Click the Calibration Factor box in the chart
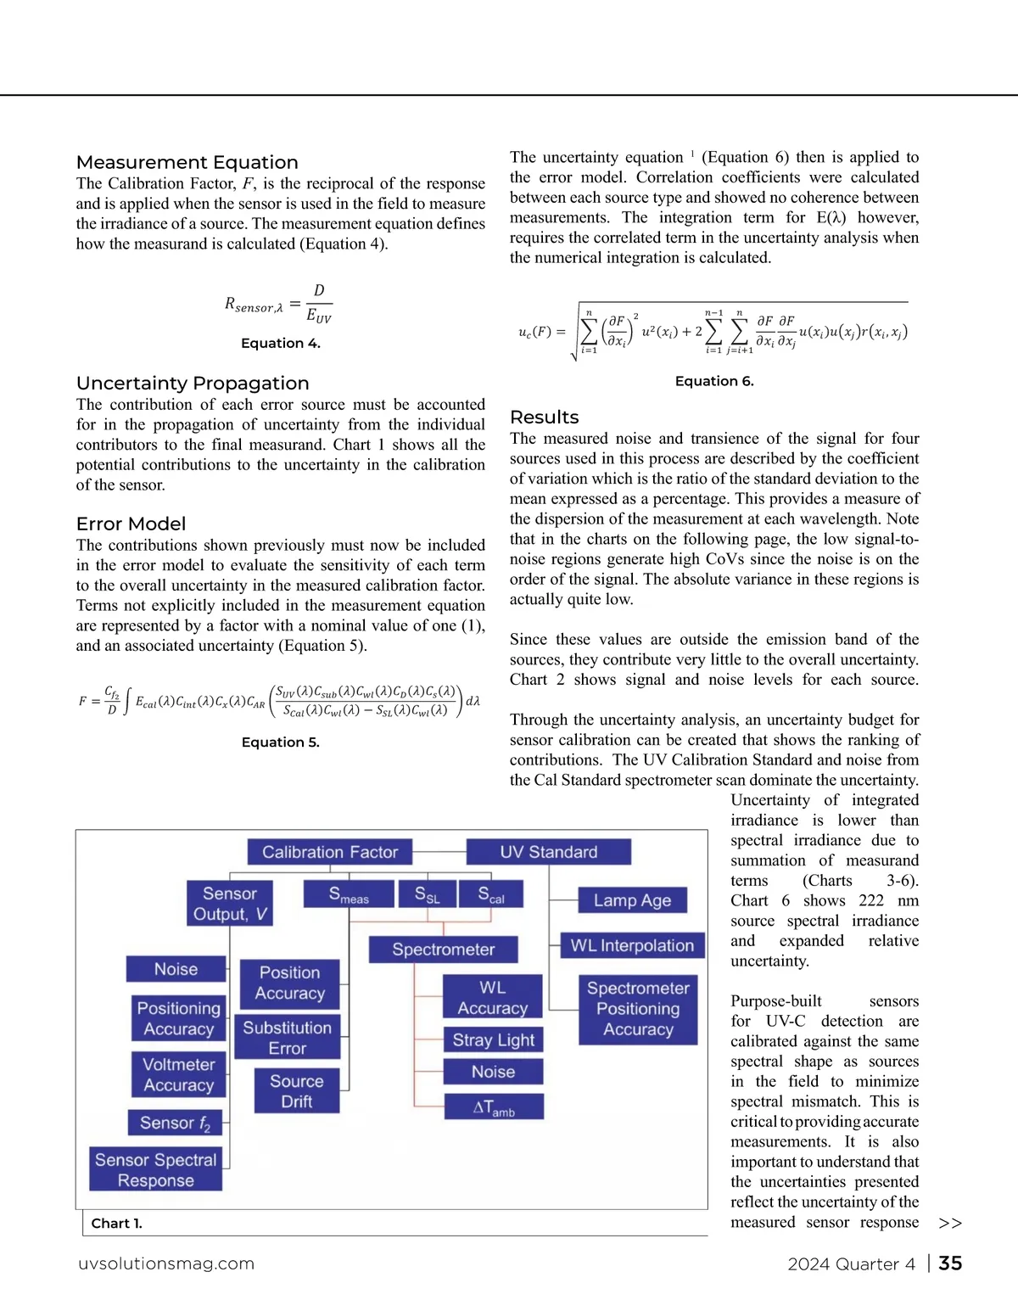coord(329,852)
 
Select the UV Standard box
coord(548,852)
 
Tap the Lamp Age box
coord(632,900)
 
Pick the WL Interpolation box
coord(632,945)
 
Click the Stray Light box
coord(493,1039)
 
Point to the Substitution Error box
coord(287,1037)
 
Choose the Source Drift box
coord(297,1090)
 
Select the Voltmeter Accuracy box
coord(178,1074)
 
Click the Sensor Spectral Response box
coord(156,1169)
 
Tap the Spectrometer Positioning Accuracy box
coord(638,1009)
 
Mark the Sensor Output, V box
coord(229,903)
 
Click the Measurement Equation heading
coord(187,162)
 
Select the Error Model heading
coord(131,524)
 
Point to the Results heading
coord(544,417)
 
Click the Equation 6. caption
coord(714,381)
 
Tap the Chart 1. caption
coord(116,1223)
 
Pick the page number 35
coord(950,1263)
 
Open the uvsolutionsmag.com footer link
coord(166,1263)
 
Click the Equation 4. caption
coord(280,343)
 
